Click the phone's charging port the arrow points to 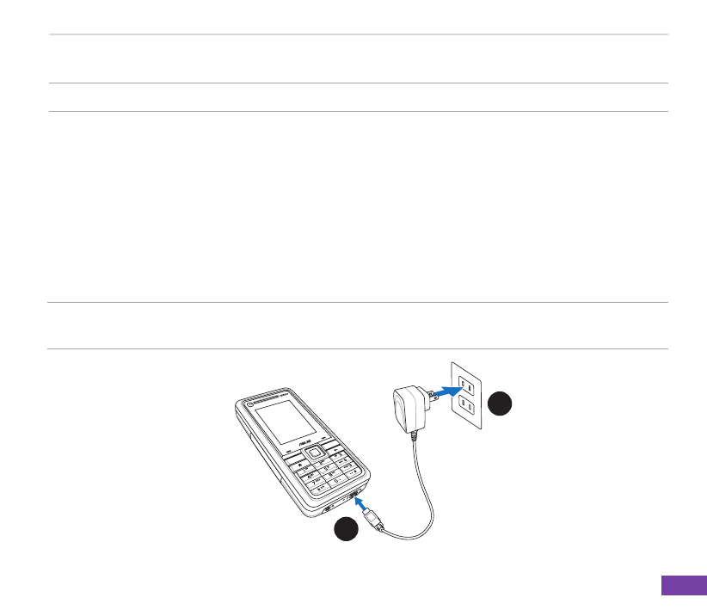(353, 500)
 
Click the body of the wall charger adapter (407, 405)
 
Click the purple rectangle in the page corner (684, 585)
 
